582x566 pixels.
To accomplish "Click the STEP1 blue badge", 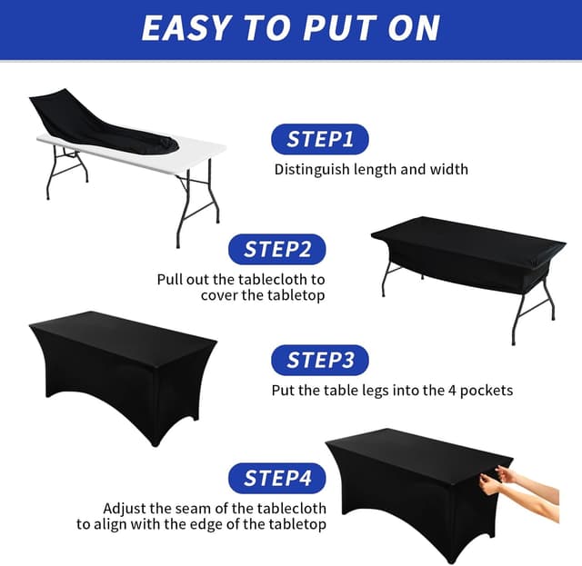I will click(319, 139).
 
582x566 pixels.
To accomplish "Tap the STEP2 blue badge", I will click(276, 249).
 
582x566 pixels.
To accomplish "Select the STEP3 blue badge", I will click(319, 360).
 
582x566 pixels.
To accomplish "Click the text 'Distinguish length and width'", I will click(371, 169).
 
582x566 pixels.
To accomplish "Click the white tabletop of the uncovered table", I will click(196, 150).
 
